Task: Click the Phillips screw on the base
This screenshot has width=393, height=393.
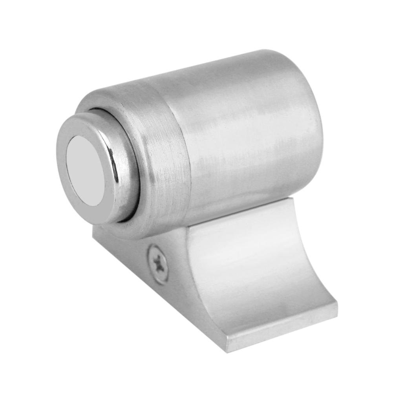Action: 158,263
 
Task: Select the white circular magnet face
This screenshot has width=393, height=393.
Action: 84,171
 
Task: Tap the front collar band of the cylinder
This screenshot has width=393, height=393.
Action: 157,130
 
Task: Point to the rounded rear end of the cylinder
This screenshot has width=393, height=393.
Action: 310,118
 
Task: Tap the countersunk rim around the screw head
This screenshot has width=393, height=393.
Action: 152,257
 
